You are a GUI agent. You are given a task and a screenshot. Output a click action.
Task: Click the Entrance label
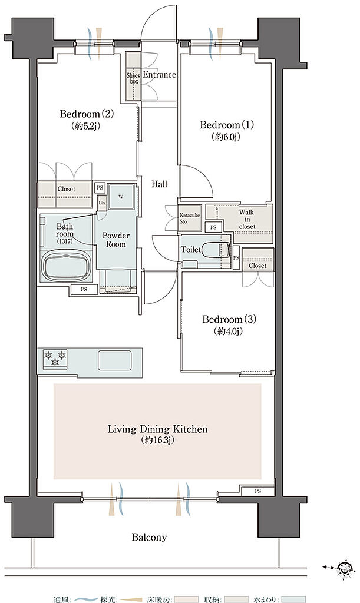tap(159, 75)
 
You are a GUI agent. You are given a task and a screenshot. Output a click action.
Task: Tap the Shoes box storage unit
tap(134, 77)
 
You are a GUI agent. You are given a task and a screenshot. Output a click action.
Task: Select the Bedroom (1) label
tap(226, 125)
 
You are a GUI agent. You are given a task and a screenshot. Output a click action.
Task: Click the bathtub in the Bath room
tap(66, 266)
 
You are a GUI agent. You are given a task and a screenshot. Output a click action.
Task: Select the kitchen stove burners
tap(55, 359)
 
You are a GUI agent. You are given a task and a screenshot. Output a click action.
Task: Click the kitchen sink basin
tap(114, 360)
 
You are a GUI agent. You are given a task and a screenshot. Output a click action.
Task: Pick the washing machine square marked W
tap(121, 197)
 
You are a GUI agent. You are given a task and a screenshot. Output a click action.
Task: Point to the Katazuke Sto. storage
tap(190, 218)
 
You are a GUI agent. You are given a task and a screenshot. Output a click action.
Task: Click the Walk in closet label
tap(246, 219)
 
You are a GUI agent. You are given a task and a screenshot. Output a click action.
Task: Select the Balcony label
tap(149, 537)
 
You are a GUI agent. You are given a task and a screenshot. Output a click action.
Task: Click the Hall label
tap(159, 184)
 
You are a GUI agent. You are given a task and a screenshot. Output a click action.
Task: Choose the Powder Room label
tap(115, 240)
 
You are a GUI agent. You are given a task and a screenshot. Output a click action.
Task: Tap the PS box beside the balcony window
tap(257, 491)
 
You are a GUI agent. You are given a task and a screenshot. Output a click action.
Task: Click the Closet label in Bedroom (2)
tap(66, 189)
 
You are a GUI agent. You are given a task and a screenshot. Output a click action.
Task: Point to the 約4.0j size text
tap(229, 331)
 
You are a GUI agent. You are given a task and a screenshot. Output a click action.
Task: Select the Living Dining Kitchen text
tap(157, 429)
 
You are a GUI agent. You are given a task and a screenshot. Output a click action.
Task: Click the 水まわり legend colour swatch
tap(293, 599)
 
